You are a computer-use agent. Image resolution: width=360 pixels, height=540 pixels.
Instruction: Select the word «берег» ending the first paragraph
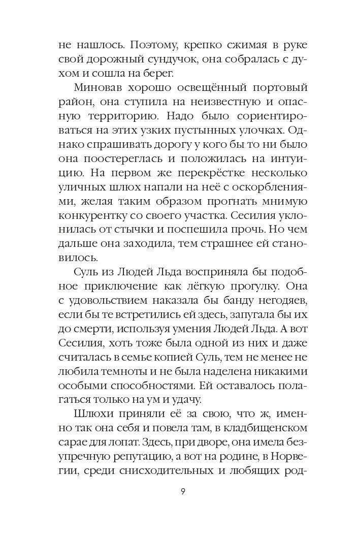point(158,74)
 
